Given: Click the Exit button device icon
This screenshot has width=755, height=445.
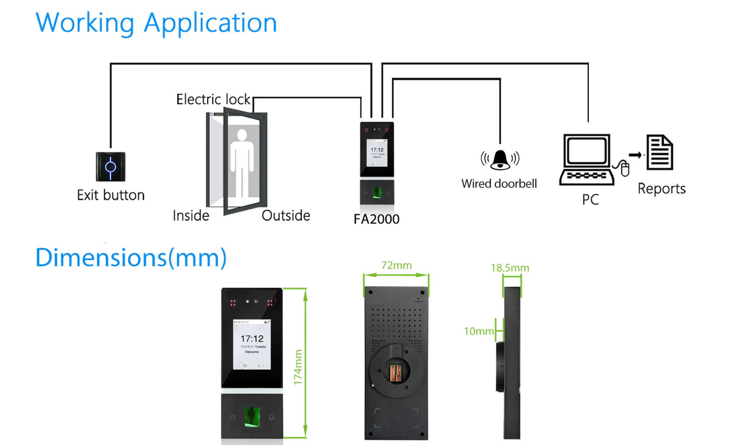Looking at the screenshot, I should coord(110,167).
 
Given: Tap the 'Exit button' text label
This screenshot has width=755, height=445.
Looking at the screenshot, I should coord(110,195).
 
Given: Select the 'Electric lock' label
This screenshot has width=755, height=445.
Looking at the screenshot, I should coord(213,99).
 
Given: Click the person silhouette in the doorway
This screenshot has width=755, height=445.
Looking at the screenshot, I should coord(242,161).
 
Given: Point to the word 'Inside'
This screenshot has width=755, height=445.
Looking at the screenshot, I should coord(191,216).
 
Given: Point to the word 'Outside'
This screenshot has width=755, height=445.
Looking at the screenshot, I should coord(286,216).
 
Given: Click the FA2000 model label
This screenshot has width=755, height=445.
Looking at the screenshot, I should coord(376,219).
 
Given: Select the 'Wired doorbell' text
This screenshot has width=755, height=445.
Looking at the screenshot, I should coord(499,184).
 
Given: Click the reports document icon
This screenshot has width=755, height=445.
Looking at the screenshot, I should coord(660,152).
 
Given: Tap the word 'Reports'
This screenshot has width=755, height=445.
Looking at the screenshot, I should coord(662,189).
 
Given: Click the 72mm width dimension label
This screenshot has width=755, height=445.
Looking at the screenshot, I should coord(397,266).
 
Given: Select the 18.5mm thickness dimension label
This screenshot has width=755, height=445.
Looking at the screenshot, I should coord(510,268).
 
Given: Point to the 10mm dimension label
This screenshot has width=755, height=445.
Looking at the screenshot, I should coord(479,331).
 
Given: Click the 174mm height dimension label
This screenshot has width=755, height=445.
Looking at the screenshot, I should coord(298,367).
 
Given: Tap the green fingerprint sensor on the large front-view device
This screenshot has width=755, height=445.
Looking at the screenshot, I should coord(252,417).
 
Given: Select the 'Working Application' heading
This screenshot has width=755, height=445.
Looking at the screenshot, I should coord(156,23).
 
